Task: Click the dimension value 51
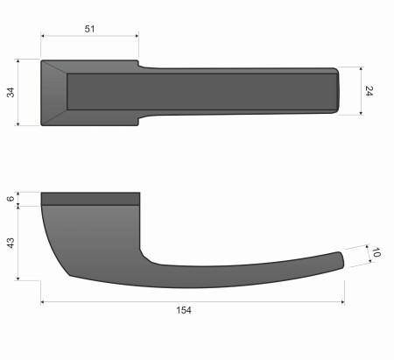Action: click(89, 29)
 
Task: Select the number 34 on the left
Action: click(11, 93)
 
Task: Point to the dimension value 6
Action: click(11, 199)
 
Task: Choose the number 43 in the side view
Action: click(11, 243)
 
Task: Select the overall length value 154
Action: click(183, 310)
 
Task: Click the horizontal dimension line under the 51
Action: click(89, 37)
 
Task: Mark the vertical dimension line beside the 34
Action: click(19, 93)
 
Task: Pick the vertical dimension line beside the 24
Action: click(360, 90)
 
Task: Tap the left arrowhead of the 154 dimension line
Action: click(44, 302)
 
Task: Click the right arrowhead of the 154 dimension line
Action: click(341, 302)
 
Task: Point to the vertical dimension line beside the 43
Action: click(19, 243)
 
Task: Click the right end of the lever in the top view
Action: click(335, 90)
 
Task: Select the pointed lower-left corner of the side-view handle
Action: click(70, 274)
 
